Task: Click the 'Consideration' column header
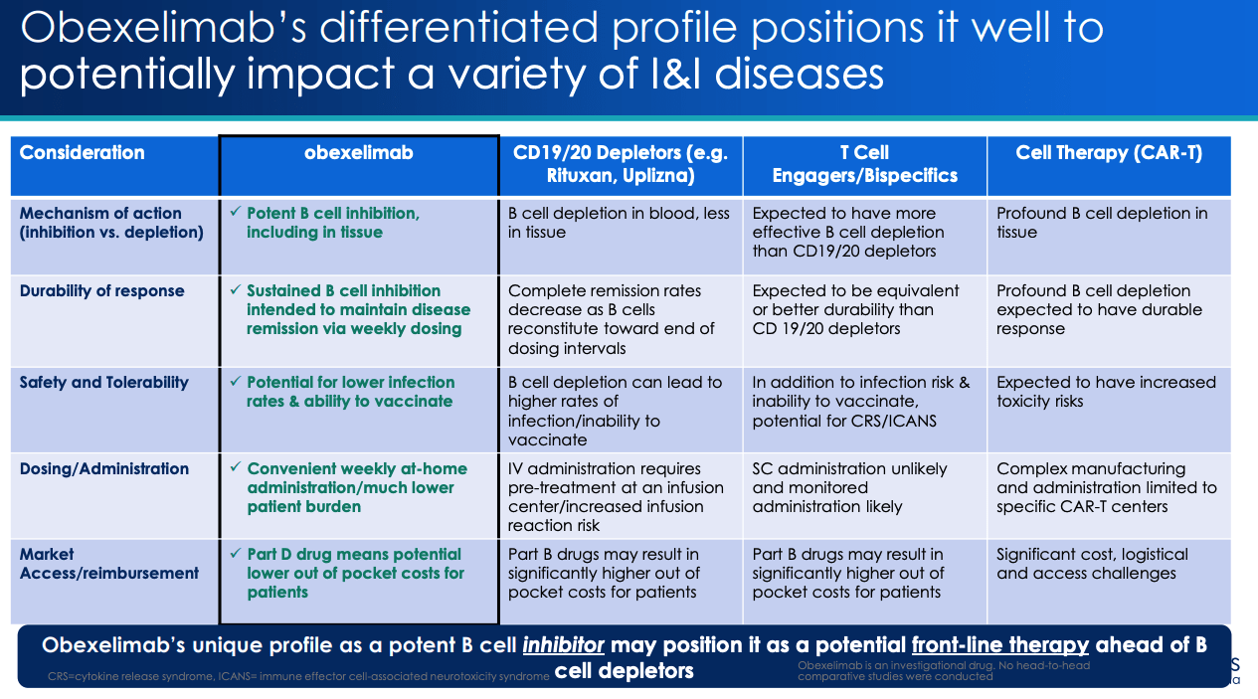83,153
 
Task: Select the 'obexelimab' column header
358,153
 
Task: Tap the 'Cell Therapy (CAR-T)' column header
1108,153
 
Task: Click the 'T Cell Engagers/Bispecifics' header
863,164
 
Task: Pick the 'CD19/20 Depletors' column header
621,164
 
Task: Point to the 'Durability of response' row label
101,291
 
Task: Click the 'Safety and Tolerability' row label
103,383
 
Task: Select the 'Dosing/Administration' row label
103,469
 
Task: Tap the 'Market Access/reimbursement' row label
108,564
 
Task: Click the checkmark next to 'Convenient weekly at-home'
235,468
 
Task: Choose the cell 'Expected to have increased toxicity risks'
1106,392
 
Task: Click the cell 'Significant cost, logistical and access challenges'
1092,564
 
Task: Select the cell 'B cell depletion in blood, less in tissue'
619,223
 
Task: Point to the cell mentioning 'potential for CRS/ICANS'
860,401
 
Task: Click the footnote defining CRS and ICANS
298,677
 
